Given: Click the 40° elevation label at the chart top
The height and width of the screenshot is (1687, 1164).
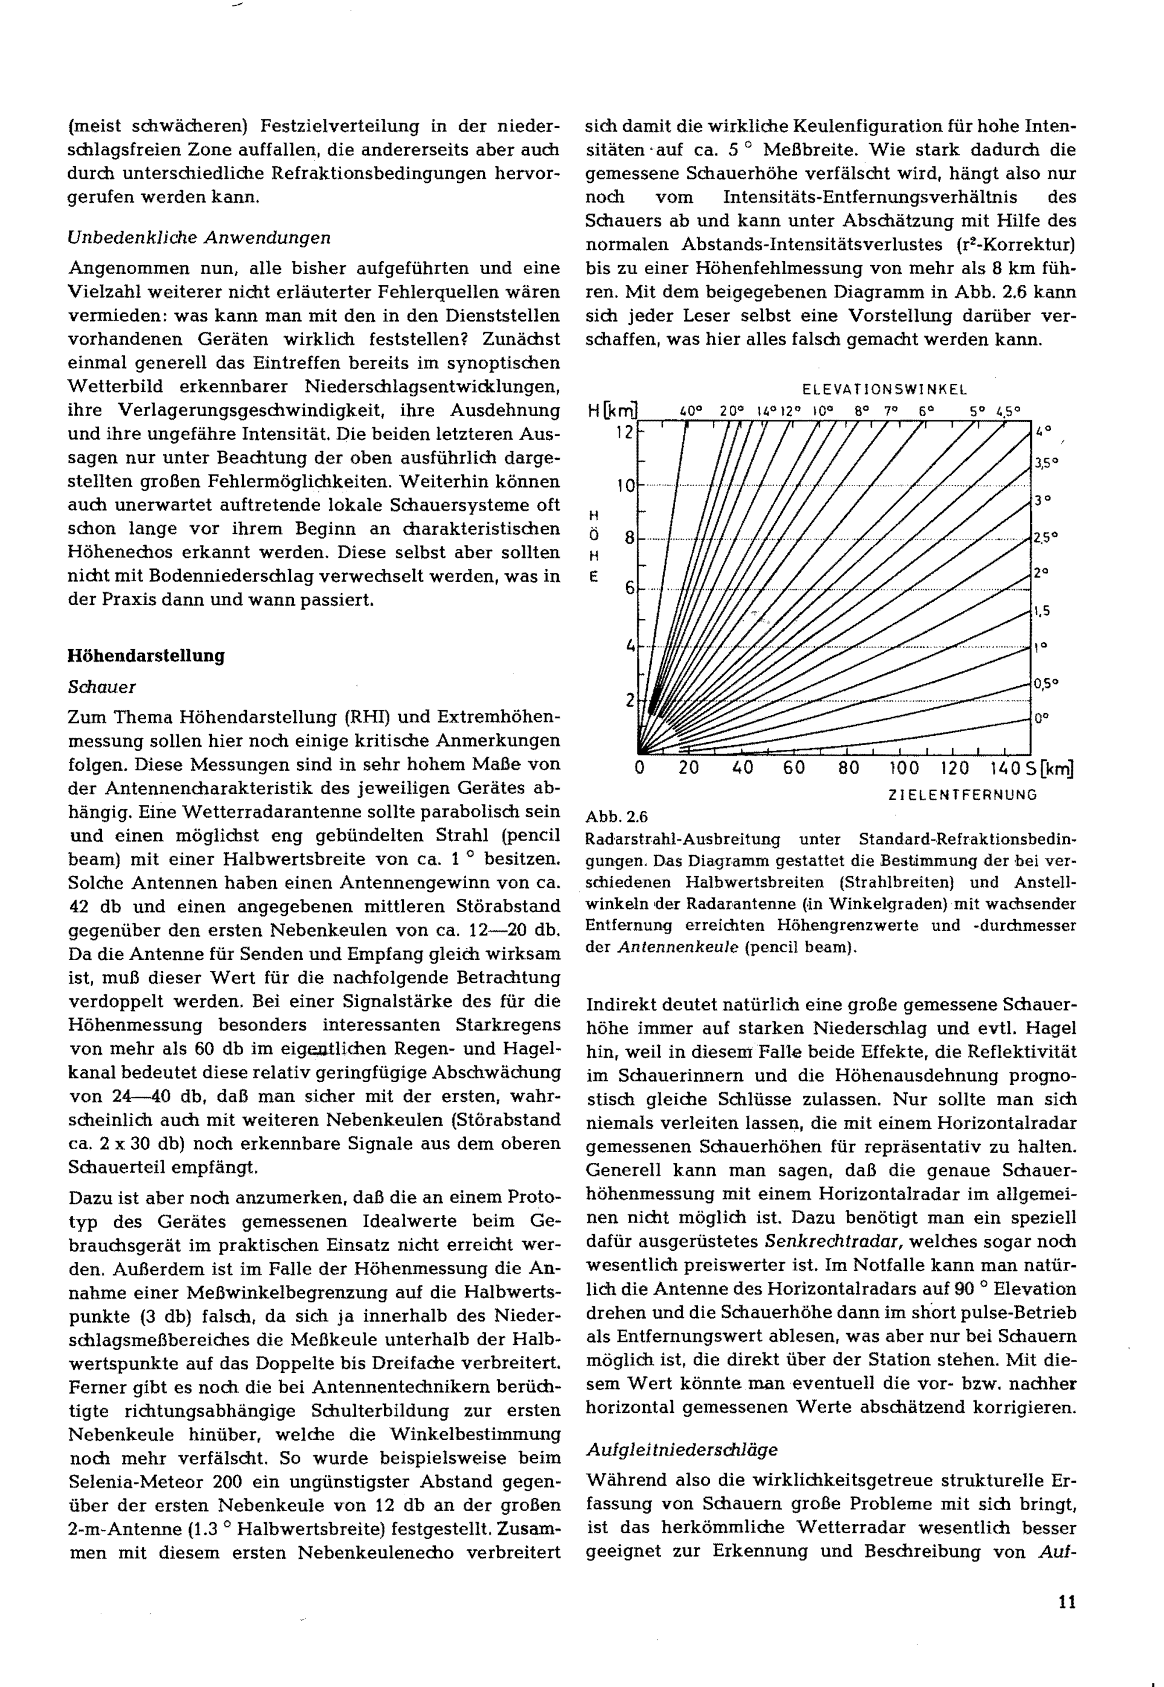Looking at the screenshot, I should coord(690,410).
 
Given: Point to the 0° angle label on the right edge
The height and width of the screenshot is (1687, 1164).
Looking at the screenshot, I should coord(1041,718).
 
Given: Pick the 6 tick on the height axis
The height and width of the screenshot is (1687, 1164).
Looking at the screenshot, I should coord(629,589).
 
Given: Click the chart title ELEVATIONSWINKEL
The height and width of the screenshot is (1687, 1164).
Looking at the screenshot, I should coord(885,389).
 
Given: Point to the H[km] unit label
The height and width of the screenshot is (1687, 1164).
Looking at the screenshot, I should coord(612,410).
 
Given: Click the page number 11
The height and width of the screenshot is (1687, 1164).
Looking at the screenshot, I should coord(1066,1603).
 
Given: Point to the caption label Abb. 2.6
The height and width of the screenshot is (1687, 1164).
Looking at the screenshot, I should coord(616,816).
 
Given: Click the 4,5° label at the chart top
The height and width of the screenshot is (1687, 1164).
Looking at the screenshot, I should coord(1009,410).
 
